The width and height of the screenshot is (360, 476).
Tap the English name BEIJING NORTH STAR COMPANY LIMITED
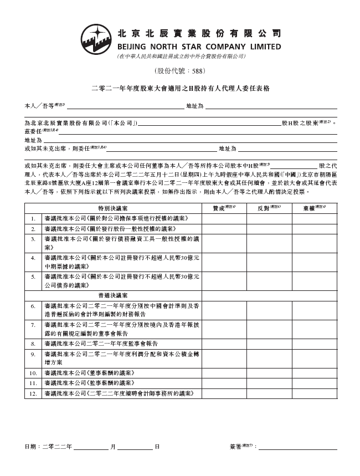(x=199, y=47)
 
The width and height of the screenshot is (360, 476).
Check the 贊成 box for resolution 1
(x=224, y=218)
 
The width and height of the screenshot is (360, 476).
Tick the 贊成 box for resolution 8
(x=224, y=344)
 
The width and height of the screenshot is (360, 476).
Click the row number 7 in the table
(x=33, y=327)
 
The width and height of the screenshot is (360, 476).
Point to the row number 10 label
(x=33, y=373)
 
